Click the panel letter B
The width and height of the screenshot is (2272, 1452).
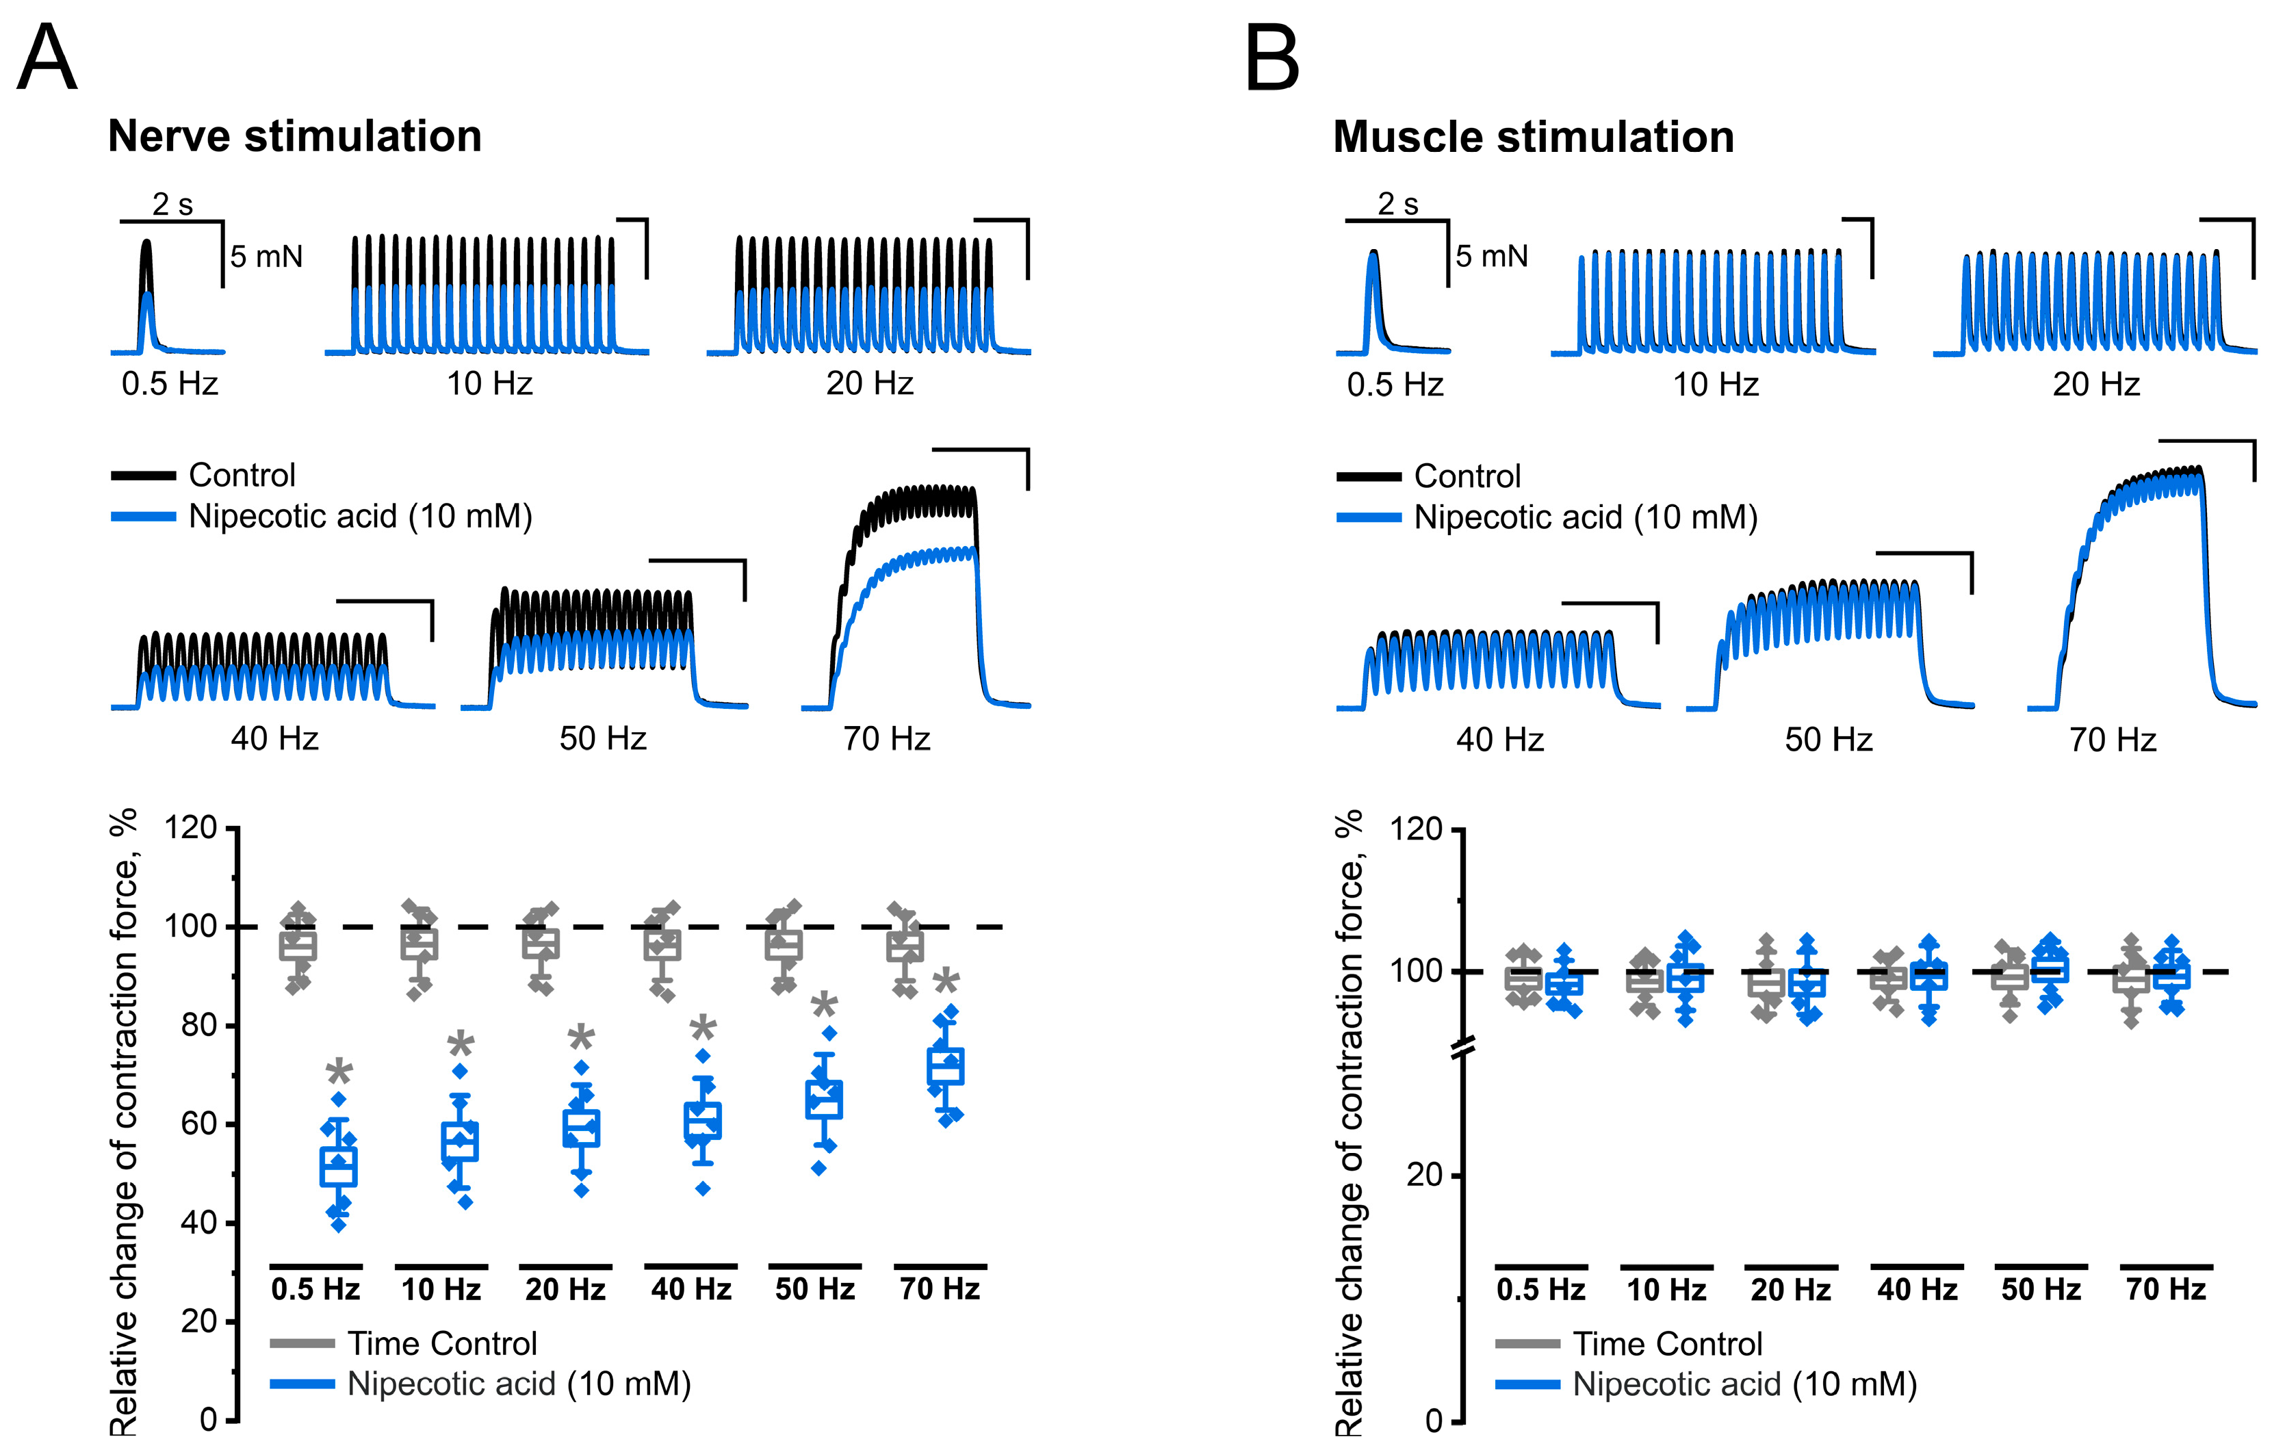click(x=1272, y=58)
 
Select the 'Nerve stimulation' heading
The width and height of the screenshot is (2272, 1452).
click(x=294, y=136)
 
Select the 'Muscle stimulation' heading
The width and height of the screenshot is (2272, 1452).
click(x=1533, y=137)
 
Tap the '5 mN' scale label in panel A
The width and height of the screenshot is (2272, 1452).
click(x=266, y=257)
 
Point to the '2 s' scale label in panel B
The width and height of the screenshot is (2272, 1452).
click(x=1397, y=204)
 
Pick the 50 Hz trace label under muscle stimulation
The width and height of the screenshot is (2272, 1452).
click(x=1828, y=739)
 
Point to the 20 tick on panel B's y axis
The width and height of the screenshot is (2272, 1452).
click(x=1424, y=1175)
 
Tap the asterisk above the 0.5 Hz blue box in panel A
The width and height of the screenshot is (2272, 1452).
click(x=339, y=1074)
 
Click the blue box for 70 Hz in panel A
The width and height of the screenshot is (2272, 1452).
click(x=945, y=1066)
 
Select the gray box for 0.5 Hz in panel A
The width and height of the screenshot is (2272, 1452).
click(x=298, y=946)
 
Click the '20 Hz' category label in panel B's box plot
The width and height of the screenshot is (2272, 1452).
click(x=1791, y=1290)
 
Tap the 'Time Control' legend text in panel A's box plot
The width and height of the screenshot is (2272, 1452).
click(x=441, y=1343)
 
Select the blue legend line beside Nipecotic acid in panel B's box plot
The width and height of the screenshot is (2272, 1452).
click(x=1527, y=1384)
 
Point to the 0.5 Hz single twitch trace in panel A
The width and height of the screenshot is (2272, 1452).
click(x=146, y=292)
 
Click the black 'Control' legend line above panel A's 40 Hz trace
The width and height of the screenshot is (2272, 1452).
click(x=144, y=476)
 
